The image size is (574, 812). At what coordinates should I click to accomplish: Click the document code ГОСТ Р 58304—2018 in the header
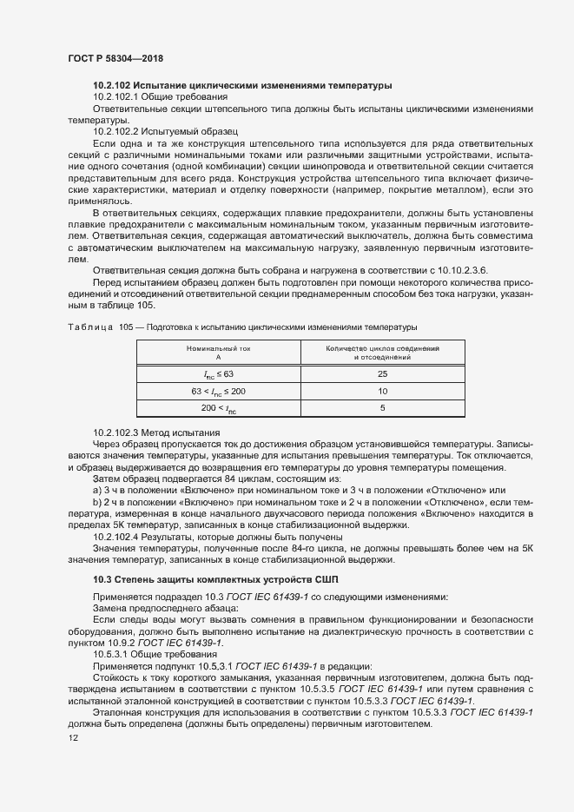click(115, 57)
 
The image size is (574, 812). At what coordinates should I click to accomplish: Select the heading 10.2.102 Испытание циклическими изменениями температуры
click(242, 85)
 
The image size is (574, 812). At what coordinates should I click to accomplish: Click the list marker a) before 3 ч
click(96, 491)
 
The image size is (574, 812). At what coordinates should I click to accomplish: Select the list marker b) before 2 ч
click(96, 502)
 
